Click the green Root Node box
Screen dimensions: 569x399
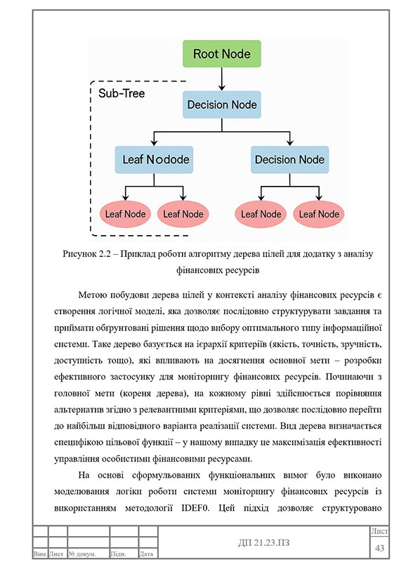click(x=221, y=54)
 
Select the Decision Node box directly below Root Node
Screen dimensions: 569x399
click(x=221, y=105)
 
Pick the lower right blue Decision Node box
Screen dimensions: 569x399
click(x=289, y=159)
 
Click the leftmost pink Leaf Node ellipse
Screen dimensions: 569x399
click(x=124, y=214)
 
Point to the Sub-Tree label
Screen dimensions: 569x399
click(x=121, y=93)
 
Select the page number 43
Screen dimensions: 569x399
click(x=381, y=547)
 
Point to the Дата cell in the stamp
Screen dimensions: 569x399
click(x=147, y=554)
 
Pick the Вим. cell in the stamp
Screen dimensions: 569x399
click(x=40, y=554)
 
